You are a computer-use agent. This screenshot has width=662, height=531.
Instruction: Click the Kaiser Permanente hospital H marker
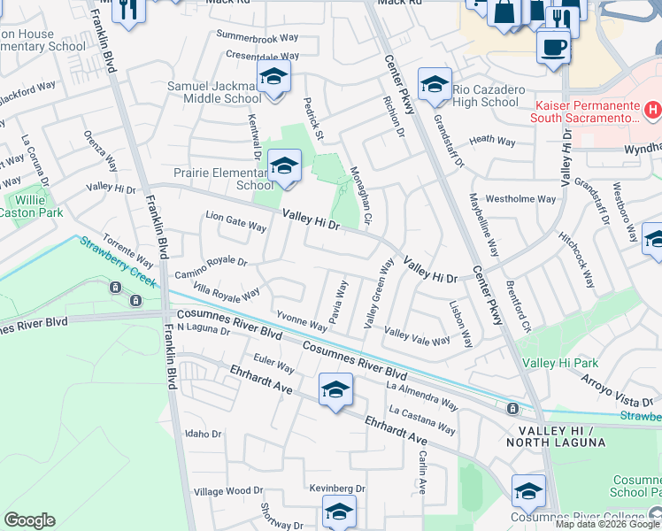[x=652, y=111]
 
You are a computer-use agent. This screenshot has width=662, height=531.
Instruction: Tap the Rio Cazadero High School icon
[x=435, y=85]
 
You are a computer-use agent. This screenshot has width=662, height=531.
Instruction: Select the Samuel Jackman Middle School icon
[x=273, y=77]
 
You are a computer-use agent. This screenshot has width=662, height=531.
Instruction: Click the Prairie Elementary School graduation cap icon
[x=284, y=165]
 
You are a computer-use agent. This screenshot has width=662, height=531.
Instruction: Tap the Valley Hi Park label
[x=560, y=363]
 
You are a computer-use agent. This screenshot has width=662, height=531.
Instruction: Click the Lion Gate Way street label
[x=235, y=221]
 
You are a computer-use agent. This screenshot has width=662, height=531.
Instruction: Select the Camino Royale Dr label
[x=210, y=262]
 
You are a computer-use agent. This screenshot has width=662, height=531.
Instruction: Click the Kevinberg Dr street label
[x=337, y=488]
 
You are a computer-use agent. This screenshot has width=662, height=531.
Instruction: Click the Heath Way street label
[x=492, y=140]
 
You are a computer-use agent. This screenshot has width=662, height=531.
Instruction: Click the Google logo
[x=29, y=520]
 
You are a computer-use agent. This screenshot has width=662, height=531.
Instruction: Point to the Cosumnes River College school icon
[x=528, y=491]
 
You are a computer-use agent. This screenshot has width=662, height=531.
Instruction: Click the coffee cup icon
[x=554, y=47]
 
